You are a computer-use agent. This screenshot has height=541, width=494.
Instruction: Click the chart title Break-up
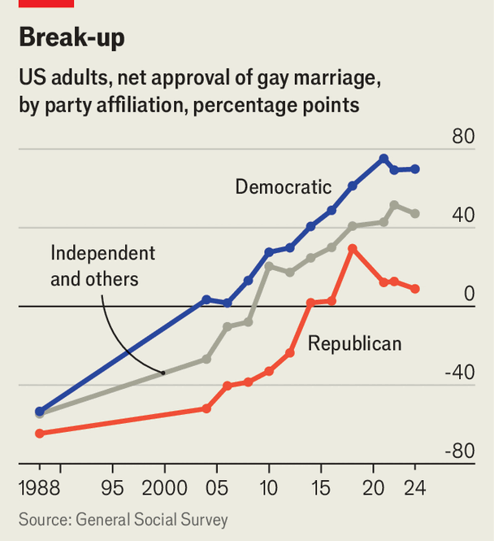tap(71, 37)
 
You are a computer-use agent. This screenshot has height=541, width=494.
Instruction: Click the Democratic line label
tap(283, 187)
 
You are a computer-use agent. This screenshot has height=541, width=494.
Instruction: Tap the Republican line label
tap(354, 344)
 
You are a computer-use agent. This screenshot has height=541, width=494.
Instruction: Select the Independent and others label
tap(102, 266)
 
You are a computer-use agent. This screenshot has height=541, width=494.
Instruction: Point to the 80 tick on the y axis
tap(463, 137)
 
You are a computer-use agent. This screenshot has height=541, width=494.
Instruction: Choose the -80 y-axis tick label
tap(458, 452)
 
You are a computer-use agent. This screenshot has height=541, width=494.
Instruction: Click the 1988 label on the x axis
tap(39, 491)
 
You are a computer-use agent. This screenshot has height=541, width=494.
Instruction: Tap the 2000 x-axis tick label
tap(164, 491)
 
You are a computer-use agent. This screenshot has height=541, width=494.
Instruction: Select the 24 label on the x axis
tap(414, 491)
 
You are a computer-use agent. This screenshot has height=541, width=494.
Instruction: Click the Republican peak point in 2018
tap(352, 248)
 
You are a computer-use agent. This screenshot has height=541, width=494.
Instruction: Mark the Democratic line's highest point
tap(383, 159)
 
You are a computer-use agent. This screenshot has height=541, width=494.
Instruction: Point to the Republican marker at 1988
tap(39, 434)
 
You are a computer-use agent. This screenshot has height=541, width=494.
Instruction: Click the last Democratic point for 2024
tap(415, 169)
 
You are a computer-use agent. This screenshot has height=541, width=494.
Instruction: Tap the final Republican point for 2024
tap(415, 289)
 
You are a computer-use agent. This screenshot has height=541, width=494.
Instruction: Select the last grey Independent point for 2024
tap(415, 214)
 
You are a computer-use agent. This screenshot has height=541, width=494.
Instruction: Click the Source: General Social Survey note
tap(123, 520)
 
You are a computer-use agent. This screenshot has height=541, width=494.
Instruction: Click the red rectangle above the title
tap(46, 3)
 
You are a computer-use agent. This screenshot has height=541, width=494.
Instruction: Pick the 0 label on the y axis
tap(469, 294)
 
